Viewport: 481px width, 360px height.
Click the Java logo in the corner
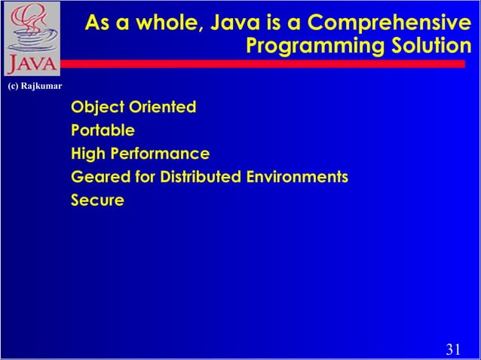pyautogui.click(x=30, y=38)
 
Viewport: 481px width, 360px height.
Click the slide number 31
pyautogui.click(x=453, y=348)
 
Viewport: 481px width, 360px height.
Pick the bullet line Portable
pyautogui.click(x=103, y=130)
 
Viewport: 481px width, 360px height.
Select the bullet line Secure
pyautogui.click(x=97, y=201)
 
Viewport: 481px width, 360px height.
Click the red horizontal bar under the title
pyautogui.click(x=264, y=64)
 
